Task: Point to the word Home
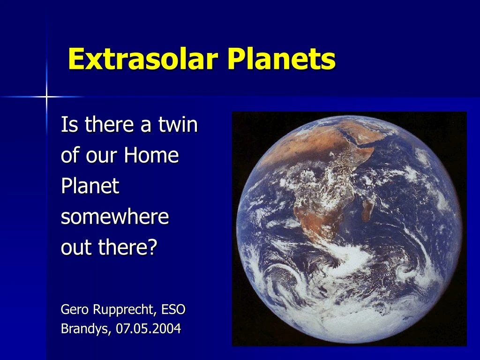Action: point(151,156)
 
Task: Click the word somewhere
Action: point(114,217)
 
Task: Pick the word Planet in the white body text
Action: point(90,187)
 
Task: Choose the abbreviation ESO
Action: point(173,309)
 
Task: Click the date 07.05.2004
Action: point(149,329)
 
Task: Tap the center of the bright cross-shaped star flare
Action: point(46,97)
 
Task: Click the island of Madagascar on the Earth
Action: point(368,206)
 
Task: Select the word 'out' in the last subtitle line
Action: point(75,247)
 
